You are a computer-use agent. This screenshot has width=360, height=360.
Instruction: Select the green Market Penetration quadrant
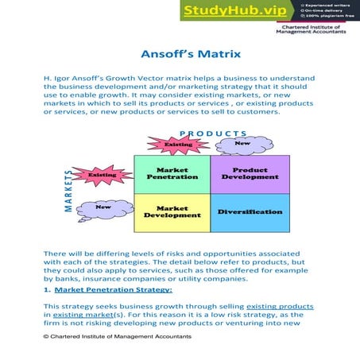[x=172, y=173]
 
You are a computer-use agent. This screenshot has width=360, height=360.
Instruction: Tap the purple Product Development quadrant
[x=250, y=173]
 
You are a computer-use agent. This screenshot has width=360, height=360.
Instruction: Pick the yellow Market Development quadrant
[x=172, y=212]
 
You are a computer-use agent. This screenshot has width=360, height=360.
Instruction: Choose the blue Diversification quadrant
[x=250, y=212]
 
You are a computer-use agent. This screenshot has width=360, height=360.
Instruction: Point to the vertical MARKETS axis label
[x=69, y=191]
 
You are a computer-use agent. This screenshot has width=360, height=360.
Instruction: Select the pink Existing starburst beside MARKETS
[x=102, y=174]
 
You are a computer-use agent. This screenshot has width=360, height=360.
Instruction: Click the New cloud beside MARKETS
[x=103, y=207]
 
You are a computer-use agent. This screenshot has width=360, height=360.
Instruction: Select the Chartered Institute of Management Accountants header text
[x=312, y=29]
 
